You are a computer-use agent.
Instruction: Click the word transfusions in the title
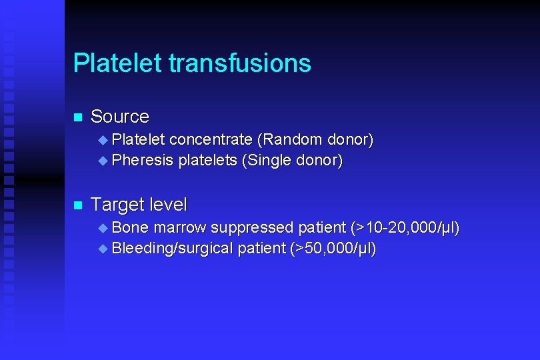point(239,63)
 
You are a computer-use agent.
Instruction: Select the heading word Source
point(120,117)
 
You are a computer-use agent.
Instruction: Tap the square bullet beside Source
point(77,117)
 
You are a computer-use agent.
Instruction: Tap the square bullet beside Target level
point(77,205)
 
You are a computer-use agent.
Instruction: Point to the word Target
point(117,204)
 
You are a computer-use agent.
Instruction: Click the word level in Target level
point(168,204)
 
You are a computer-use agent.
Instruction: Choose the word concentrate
point(211,140)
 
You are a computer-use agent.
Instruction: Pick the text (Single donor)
point(293,161)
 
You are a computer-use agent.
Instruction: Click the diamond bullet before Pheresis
point(102,161)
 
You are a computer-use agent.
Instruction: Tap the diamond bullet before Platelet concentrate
point(102,141)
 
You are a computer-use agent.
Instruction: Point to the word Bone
point(131,228)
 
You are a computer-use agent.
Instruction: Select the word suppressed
point(253,228)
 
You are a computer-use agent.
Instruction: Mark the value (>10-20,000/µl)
point(405,228)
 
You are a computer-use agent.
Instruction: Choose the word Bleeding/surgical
point(173,249)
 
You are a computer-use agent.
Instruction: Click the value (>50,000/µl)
point(333,249)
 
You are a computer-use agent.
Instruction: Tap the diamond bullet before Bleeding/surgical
point(102,249)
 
